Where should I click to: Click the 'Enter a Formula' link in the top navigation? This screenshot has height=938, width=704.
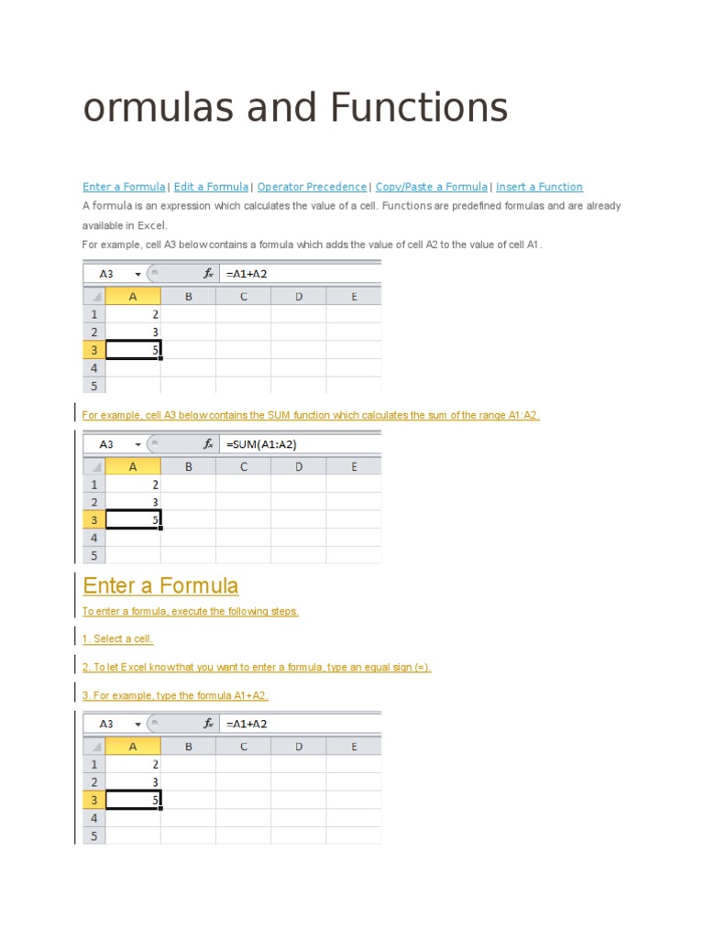(x=124, y=187)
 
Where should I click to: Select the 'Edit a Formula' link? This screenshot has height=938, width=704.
(x=211, y=187)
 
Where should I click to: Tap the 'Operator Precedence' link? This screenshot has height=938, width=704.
(x=312, y=187)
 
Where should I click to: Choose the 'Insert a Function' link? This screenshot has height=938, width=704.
(x=539, y=187)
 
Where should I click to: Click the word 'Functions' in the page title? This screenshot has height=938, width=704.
(x=419, y=108)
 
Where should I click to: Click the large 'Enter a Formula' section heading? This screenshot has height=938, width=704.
(x=160, y=585)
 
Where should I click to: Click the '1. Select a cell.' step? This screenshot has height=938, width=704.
(x=117, y=638)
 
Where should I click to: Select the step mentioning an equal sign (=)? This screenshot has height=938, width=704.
(x=257, y=667)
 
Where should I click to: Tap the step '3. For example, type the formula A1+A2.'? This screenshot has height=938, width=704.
(x=175, y=695)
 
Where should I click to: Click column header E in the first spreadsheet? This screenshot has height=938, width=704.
(x=354, y=296)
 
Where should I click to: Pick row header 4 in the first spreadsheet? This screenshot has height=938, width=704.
(x=93, y=367)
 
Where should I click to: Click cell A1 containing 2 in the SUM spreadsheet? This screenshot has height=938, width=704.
(x=134, y=484)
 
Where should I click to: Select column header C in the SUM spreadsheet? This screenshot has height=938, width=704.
(x=244, y=466)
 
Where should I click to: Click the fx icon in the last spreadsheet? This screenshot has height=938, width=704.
(x=208, y=724)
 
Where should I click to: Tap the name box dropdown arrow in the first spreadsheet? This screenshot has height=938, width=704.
(x=137, y=273)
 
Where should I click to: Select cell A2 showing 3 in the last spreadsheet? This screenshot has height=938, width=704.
(x=134, y=781)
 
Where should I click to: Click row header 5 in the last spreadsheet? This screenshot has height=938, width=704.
(x=93, y=835)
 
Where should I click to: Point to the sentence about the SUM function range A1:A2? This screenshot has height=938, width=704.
(x=311, y=415)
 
